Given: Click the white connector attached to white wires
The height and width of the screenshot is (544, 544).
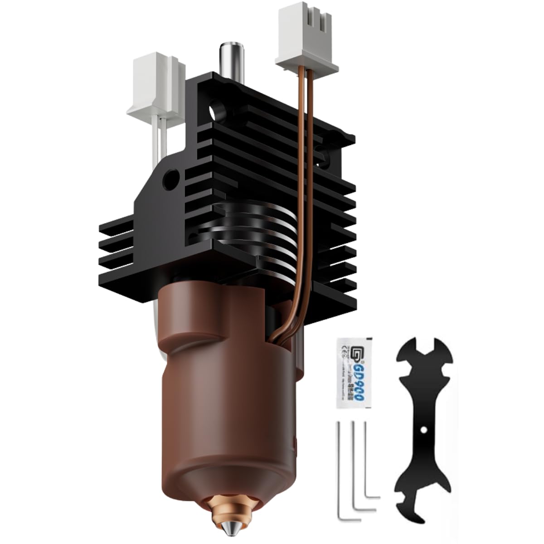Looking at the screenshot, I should [156, 86].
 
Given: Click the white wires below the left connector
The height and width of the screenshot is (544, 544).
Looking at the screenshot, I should [162, 136].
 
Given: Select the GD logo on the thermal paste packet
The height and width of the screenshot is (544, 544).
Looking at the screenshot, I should [346, 354].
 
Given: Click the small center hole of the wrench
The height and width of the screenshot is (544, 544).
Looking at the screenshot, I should [423, 429].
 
